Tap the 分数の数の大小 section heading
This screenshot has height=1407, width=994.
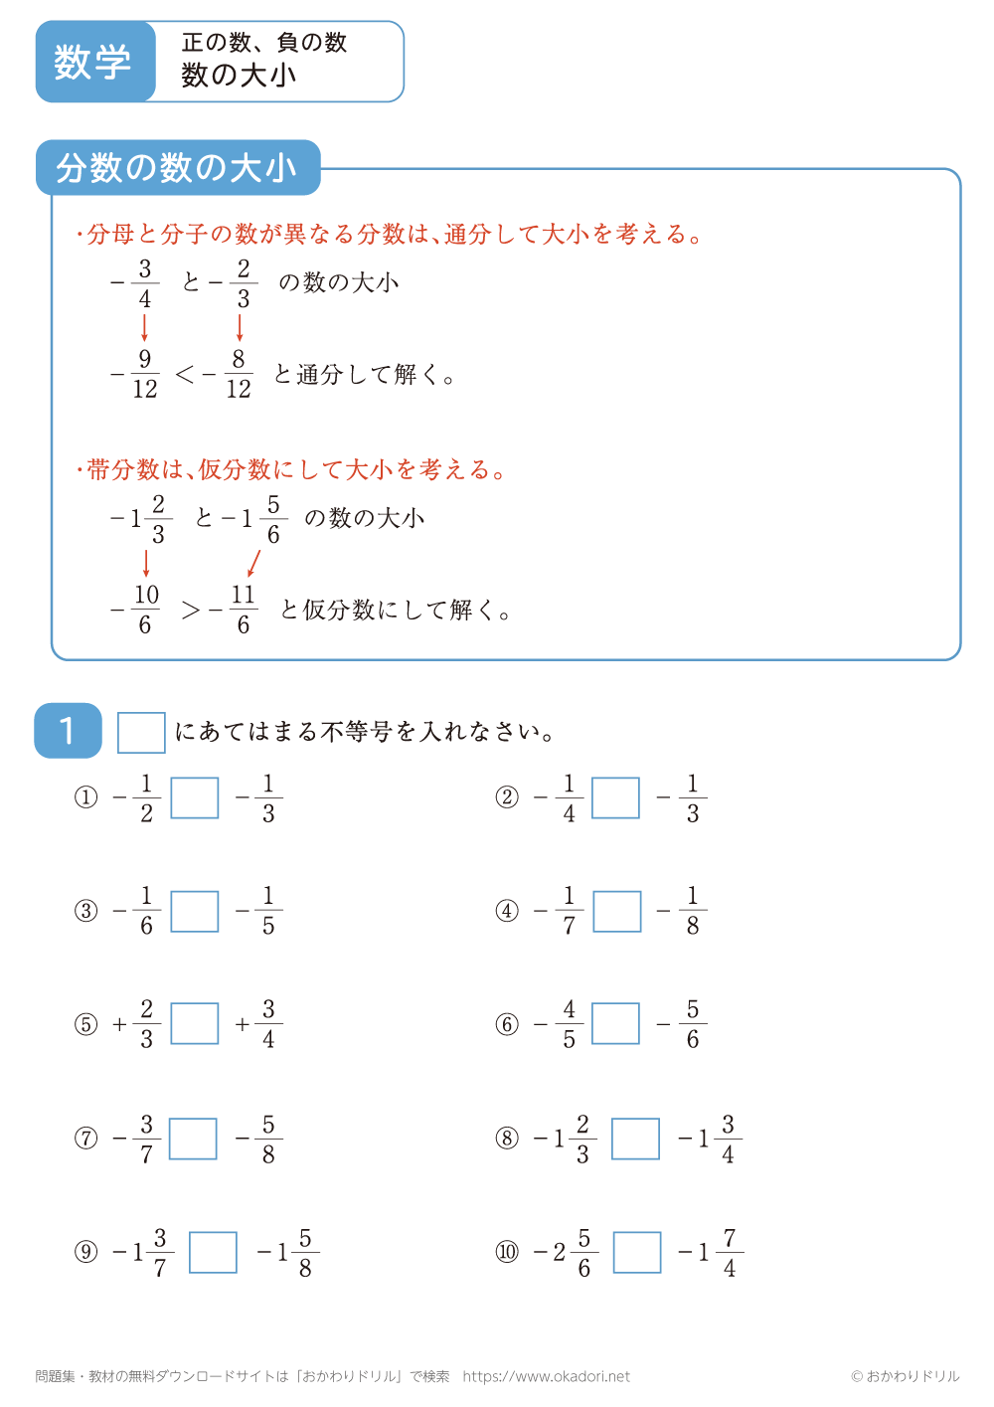177,168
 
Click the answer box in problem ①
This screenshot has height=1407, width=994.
195,797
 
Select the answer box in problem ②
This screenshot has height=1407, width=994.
616,797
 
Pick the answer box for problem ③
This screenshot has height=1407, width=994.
195,911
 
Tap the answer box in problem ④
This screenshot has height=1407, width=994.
617,911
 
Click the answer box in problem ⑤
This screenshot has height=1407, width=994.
195,1024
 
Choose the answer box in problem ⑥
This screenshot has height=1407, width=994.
616,1024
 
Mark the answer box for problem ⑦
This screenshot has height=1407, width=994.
193,1139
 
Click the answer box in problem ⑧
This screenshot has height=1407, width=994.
635,1139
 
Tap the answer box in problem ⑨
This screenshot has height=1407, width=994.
213,1252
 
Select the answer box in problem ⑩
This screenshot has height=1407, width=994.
637,1252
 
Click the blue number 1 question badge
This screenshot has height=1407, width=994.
68,731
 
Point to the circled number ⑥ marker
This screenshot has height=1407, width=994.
507,1024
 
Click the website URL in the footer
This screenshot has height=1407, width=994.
547,1376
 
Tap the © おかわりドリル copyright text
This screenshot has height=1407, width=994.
905,1376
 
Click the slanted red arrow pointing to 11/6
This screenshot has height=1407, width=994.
253,563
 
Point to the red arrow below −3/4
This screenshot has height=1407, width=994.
145,328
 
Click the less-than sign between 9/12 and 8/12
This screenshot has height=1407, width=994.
185,375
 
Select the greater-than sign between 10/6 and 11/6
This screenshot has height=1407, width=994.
191,611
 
